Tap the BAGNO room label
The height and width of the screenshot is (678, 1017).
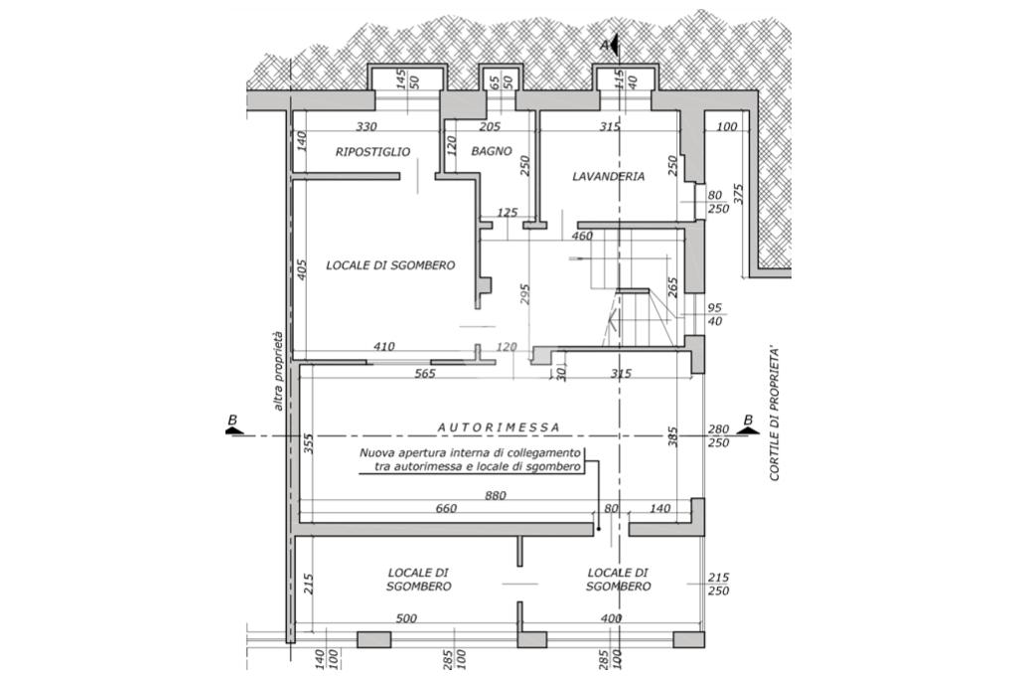pos(492,151)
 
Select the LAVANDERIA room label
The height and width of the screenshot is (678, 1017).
pos(609,176)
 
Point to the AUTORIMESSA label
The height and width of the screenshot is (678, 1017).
pos(499,426)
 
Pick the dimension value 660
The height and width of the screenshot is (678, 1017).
pos(445,509)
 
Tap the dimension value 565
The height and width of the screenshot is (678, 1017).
pos(426,375)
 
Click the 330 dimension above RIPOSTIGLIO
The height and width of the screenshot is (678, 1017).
pos(367,126)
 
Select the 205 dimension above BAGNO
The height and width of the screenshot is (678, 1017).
pos(490,126)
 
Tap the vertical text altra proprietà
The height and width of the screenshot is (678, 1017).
pos(279,370)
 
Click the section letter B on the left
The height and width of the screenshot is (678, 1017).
pos(231,421)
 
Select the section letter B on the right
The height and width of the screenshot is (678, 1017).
pos(746,421)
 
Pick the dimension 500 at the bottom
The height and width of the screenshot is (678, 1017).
pos(405,618)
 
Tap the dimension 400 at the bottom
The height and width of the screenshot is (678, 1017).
pos(611,618)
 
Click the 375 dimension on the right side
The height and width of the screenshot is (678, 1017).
pos(737,194)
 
